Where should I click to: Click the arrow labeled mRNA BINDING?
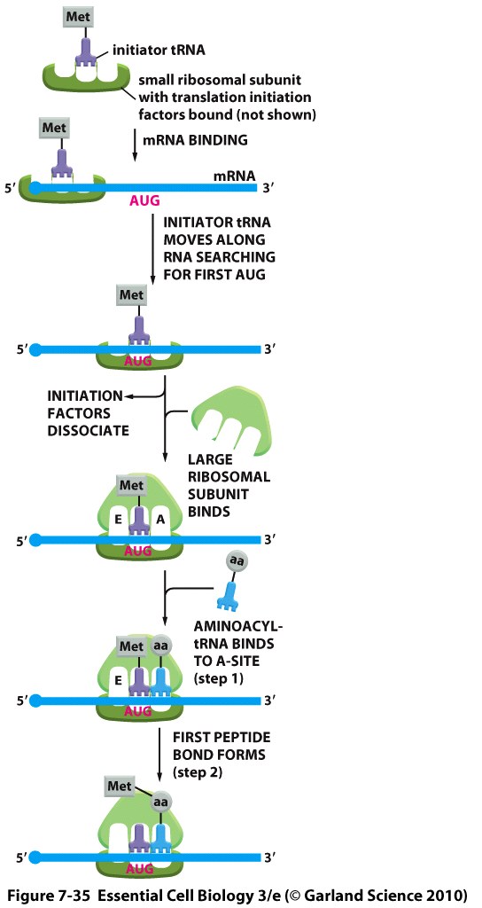tap(135, 144)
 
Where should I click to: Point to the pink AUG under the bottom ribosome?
tap(139, 869)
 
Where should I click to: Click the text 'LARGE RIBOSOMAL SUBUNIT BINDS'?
tap(228, 484)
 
